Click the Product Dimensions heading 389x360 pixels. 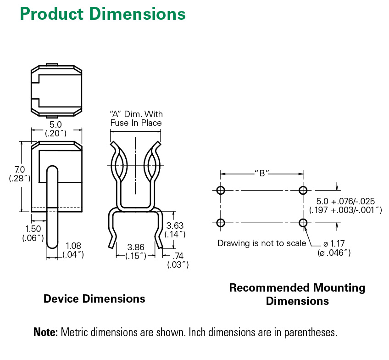[102, 14]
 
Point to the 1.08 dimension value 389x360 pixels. [73, 246]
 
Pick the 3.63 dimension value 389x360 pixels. [175, 225]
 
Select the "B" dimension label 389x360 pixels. [261, 173]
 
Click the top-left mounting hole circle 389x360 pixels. [221, 190]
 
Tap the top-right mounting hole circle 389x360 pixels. [302, 190]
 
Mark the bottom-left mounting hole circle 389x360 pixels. [221, 223]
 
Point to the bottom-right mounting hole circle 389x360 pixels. [302, 223]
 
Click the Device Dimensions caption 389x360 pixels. [94, 299]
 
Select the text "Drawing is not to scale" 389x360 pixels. [261, 243]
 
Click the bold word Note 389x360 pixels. [45, 332]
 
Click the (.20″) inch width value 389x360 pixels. [56, 133]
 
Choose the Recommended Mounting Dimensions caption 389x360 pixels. [297, 294]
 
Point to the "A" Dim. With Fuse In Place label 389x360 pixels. [136, 118]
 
